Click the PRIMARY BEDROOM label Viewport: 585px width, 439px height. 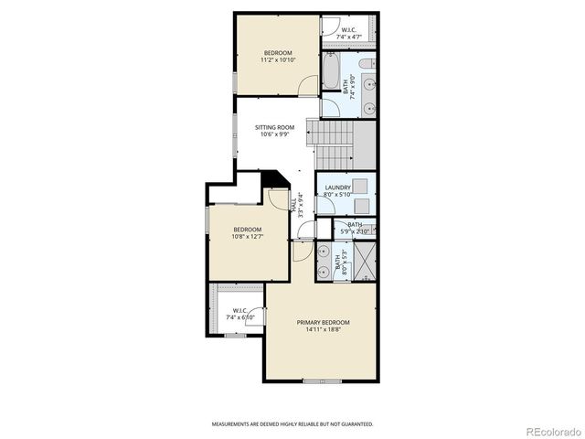(323, 322)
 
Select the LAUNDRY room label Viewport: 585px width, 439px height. (337, 187)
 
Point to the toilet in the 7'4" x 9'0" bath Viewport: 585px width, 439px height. (366, 64)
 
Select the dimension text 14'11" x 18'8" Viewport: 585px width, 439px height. (323, 330)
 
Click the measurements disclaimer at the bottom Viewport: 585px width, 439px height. (292, 424)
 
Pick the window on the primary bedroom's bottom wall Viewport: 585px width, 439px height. (322, 380)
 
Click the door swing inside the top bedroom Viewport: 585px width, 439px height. (308, 85)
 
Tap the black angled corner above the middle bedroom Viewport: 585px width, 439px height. (272, 179)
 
